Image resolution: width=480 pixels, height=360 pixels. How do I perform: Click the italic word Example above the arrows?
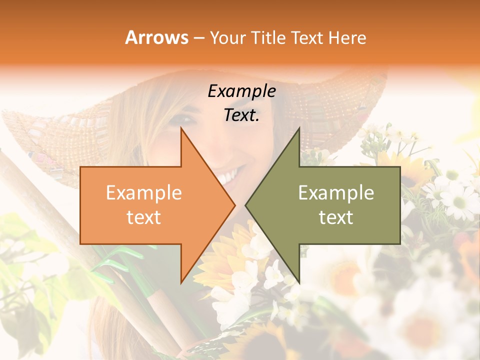point(241,91)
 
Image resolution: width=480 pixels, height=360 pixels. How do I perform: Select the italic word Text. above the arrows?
point(241,115)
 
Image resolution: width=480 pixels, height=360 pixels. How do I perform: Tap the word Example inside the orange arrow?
point(143,193)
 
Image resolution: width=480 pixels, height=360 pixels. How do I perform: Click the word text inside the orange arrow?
point(143,217)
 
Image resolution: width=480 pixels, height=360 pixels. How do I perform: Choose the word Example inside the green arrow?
point(336,193)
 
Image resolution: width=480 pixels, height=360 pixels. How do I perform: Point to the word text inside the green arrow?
point(336,217)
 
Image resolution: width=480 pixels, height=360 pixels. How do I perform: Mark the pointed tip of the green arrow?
point(247,205)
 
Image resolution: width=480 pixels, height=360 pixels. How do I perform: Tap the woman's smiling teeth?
point(227,176)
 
